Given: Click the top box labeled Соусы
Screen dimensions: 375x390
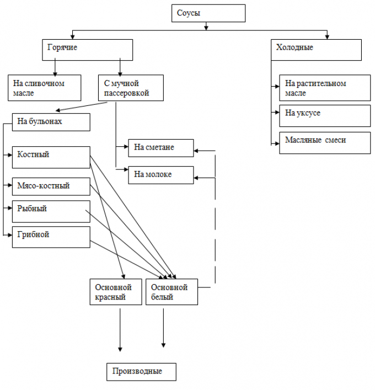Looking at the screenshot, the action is pyautogui.click(x=208, y=13).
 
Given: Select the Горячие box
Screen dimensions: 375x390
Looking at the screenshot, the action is pyautogui.click(x=87, y=50).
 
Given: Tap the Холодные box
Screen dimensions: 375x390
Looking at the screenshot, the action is pyautogui.click(x=316, y=50).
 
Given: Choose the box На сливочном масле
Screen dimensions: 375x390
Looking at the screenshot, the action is pyautogui.click(x=45, y=88).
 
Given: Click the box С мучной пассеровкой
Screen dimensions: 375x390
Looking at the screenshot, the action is pyautogui.click(x=131, y=88).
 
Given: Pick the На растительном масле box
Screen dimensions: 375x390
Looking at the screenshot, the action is pyautogui.click(x=325, y=88).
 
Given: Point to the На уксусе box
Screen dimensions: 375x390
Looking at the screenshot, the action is pyautogui.click(x=325, y=116).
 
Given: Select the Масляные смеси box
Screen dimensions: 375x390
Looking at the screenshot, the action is pyautogui.click(x=325, y=143).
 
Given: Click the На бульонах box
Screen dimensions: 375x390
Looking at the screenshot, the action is pyautogui.click(x=51, y=122).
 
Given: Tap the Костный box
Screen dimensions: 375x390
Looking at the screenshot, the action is pyautogui.click(x=51, y=157).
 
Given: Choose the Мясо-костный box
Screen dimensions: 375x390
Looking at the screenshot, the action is pyautogui.click(x=51, y=186).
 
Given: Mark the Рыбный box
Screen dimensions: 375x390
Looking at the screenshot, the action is pyautogui.click(x=51, y=211).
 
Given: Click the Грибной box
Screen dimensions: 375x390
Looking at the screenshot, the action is pyautogui.click(x=51, y=237).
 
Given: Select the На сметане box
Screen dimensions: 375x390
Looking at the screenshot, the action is pyautogui.click(x=161, y=148).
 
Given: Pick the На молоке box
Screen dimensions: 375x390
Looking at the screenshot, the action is pyautogui.click(x=161, y=175).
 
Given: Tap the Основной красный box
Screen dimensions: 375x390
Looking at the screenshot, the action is pyautogui.click(x=116, y=292).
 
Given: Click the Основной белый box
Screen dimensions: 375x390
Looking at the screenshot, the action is pyautogui.click(x=172, y=292).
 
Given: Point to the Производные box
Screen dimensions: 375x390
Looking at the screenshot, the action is pyautogui.click(x=141, y=372).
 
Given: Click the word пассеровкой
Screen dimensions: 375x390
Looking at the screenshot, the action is pyautogui.click(x=126, y=93).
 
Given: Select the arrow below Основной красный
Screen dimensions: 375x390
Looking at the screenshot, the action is pyautogui.click(x=120, y=330).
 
